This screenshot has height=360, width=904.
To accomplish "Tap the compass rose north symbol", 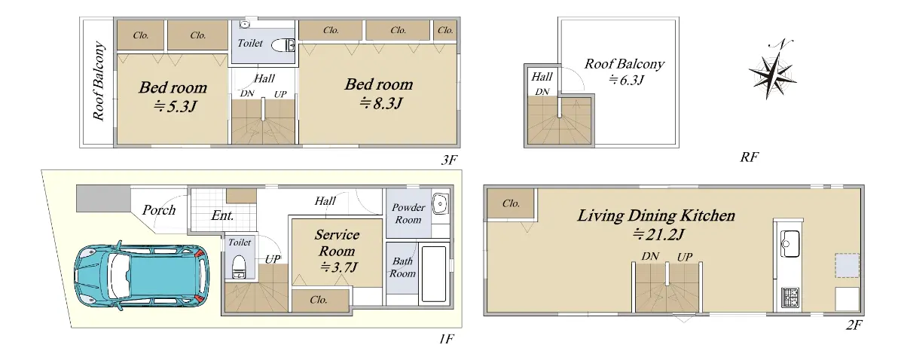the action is tap(772, 71).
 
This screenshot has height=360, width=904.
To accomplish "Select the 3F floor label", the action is tap(449, 160).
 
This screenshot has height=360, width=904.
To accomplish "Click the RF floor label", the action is tap(749, 157).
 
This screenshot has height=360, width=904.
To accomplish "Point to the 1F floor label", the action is tap(446, 339).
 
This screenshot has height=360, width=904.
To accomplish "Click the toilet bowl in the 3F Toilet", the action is tap(283, 45).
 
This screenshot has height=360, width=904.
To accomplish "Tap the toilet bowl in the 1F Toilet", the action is tap(240, 267).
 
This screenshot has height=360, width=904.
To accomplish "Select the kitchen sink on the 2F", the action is tap(789, 243).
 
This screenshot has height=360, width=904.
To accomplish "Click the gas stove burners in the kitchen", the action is tap(790, 297).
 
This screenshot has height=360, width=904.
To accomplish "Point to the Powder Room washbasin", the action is tap(440, 203).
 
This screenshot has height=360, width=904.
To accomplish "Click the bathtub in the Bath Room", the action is tap(434, 274).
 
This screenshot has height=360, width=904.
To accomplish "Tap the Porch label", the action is tap(159, 210).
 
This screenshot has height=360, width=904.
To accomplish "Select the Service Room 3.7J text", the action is tap(337, 251).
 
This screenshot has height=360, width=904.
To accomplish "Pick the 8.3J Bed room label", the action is tap(379, 93).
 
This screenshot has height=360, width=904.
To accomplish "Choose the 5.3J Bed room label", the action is tap(173, 97).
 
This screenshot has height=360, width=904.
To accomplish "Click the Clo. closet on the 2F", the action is tap(511, 203).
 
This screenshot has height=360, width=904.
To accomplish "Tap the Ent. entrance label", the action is tap(222, 215).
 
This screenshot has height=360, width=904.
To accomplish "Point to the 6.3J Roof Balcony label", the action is tap(625, 72).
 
